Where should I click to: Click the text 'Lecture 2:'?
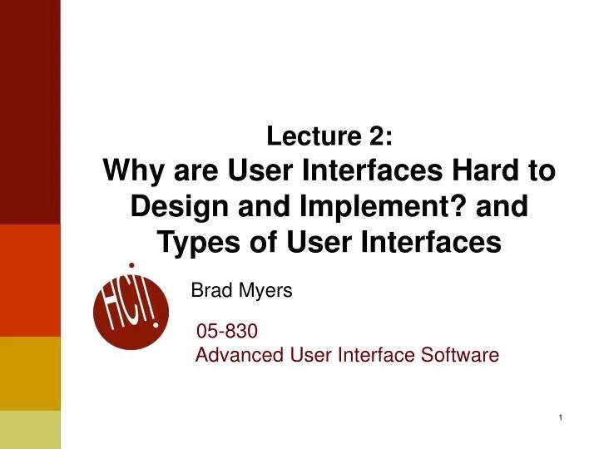[329, 135]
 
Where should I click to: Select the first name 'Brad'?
[209, 291]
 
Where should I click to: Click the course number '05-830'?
[226, 333]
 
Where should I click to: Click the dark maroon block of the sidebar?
[30, 112]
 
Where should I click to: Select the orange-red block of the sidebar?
[30, 280]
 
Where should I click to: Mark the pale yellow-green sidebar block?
[30, 429]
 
